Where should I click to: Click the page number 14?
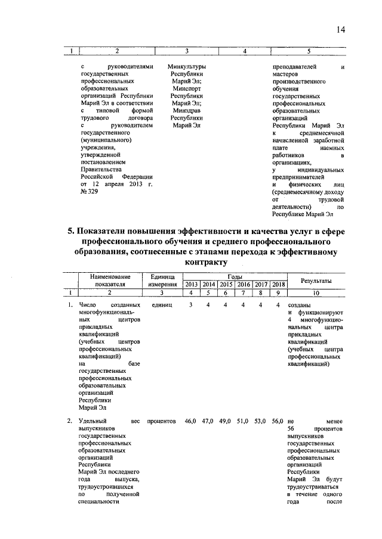(x=341, y=30)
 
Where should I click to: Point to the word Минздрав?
(x=187, y=110)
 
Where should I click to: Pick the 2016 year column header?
(x=244, y=285)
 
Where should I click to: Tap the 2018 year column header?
(x=278, y=285)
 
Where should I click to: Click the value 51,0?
(x=244, y=422)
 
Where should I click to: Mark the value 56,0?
(x=278, y=422)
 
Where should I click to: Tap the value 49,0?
(x=226, y=422)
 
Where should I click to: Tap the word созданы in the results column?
(x=298, y=306)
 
